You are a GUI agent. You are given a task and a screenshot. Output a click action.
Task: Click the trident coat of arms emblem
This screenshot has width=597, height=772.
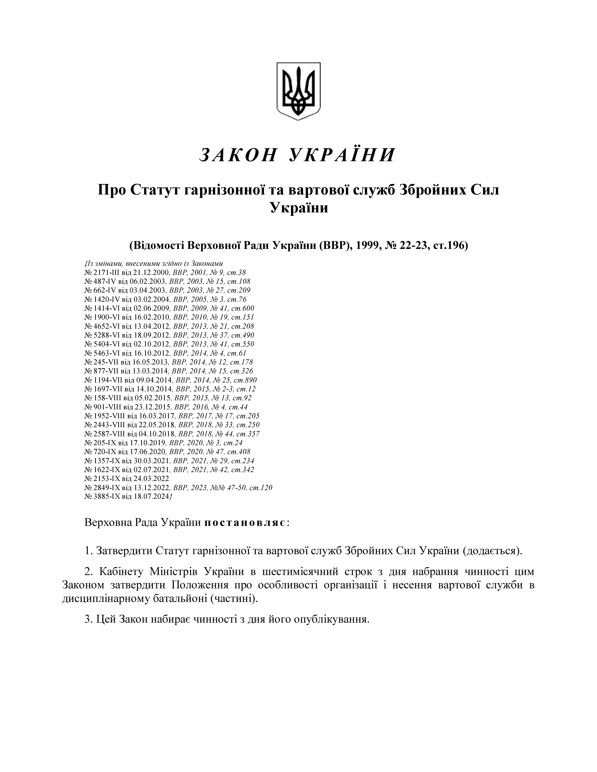[x=298, y=91]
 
